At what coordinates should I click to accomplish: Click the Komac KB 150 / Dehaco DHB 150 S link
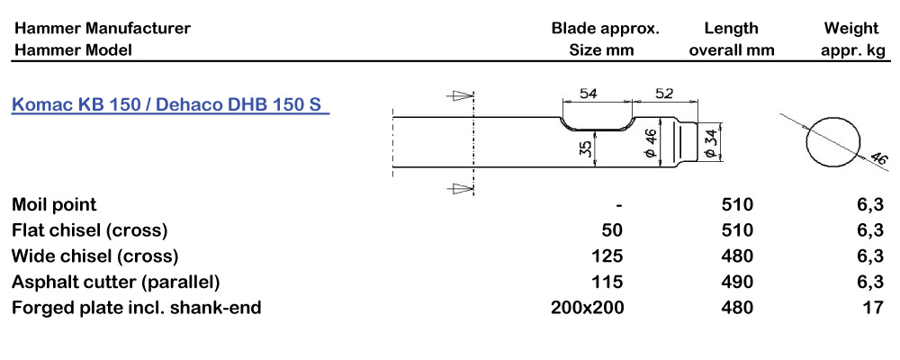pos(169,104)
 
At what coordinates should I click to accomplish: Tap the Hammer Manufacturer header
pos(102,28)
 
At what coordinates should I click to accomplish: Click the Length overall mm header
pos(732,39)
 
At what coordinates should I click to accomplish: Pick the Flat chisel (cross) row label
pos(89,229)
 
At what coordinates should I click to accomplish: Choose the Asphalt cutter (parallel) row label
pos(116,282)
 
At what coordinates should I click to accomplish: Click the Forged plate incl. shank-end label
pos(137,308)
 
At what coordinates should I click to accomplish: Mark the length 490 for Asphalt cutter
pos(738,282)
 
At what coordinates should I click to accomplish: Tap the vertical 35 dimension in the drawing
pos(586,148)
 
